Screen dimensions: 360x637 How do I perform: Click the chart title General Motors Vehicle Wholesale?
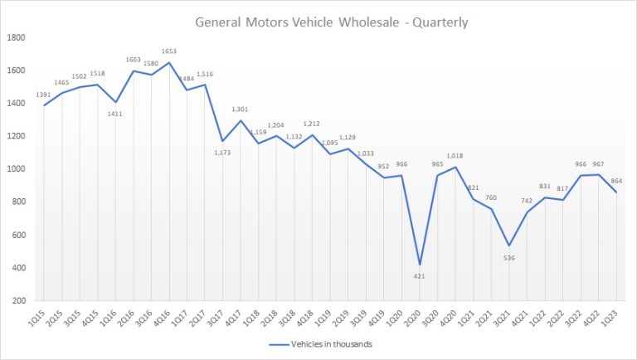point(331,22)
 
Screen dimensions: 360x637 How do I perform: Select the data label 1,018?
point(455,155)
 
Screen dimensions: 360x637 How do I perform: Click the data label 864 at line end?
point(615,180)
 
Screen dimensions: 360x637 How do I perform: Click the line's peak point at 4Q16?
point(170,63)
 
